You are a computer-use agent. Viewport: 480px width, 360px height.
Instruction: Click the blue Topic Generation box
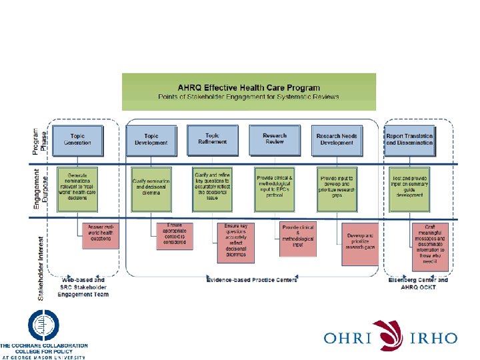pyautogui.click(x=78, y=139)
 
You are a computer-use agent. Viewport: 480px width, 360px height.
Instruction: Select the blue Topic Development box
pyautogui.click(x=151, y=139)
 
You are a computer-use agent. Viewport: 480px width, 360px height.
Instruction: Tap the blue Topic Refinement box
pyautogui.click(x=212, y=139)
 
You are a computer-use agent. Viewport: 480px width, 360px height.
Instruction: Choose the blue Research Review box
pyautogui.click(x=275, y=139)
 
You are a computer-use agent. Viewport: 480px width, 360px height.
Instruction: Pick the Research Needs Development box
pyautogui.click(x=337, y=139)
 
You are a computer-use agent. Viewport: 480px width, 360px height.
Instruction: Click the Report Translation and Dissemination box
pyautogui.click(x=409, y=139)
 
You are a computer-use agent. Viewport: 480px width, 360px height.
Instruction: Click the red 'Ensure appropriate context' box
pyautogui.click(x=175, y=235)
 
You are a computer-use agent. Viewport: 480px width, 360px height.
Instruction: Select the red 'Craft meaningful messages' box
pyautogui.click(x=429, y=244)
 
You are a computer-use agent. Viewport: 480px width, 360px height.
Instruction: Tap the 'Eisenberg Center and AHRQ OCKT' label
pyautogui.click(x=418, y=283)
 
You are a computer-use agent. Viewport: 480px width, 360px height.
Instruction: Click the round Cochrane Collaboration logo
pyautogui.click(x=43, y=327)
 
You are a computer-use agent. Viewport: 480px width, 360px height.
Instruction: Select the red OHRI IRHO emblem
pyautogui.click(x=388, y=335)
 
